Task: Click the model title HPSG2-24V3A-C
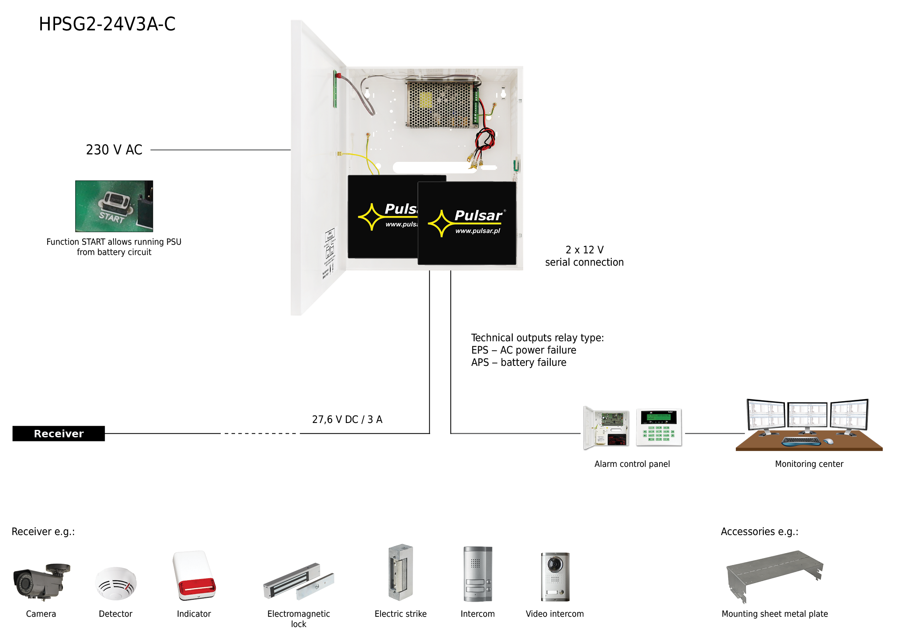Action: (107, 24)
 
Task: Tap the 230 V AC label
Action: (114, 150)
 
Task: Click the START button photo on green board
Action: (114, 206)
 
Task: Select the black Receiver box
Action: (59, 434)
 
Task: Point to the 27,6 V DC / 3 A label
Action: (347, 419)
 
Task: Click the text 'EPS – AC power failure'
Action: (523, 350)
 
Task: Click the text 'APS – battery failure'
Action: (519, 363)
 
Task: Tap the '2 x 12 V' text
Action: (584, 250)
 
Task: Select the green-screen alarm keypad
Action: (659, 427)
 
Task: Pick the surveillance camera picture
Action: (42, 581)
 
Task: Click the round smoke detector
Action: (116, 583)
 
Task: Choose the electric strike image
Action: (401, 572)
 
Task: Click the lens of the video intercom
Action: (555, 564)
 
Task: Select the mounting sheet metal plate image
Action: (775, 575)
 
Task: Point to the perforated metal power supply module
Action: (440, 104)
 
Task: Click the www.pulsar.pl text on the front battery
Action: (477, 231)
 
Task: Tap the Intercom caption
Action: (477, 614)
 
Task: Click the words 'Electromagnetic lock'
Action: (299, 619)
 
